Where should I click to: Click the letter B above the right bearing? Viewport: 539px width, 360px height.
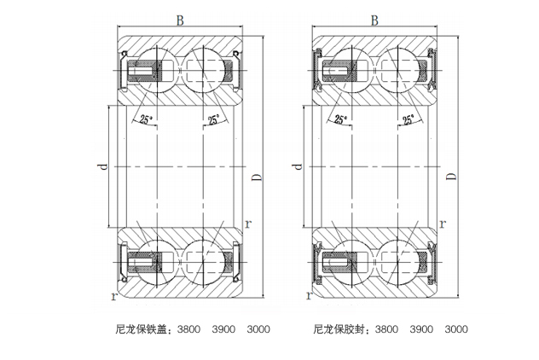click(375, 19)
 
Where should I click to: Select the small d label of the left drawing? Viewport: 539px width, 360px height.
click(103, 169)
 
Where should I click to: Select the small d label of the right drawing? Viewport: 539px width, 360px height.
click(298, 169)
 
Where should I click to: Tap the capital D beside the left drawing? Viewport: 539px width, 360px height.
click(256, 177)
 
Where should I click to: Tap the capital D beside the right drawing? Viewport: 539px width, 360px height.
click(452, 177)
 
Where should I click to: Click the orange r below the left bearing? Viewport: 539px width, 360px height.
click(114, 297)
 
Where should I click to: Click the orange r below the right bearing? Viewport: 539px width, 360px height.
click(309, 297)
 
